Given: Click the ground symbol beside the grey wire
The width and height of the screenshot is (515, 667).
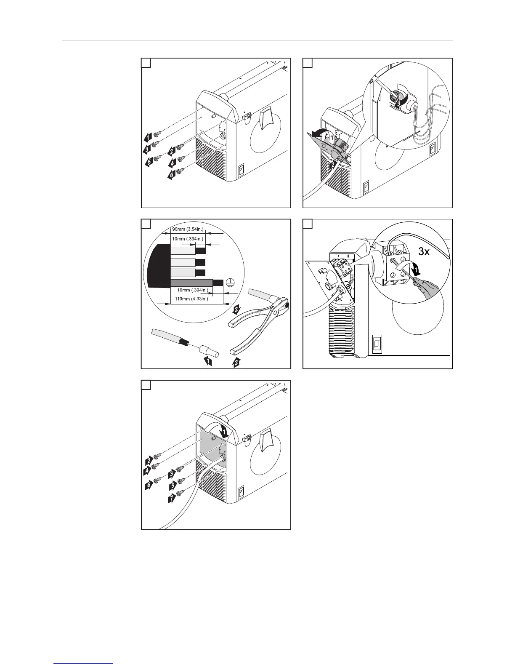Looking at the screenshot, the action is pos(229,283).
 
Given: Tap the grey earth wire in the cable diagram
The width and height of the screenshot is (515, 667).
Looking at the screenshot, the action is pos(191,282).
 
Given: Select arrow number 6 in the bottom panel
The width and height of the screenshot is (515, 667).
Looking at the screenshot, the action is pos(149,485).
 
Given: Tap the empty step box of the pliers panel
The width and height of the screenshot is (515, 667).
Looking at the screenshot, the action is pos(146,224).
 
